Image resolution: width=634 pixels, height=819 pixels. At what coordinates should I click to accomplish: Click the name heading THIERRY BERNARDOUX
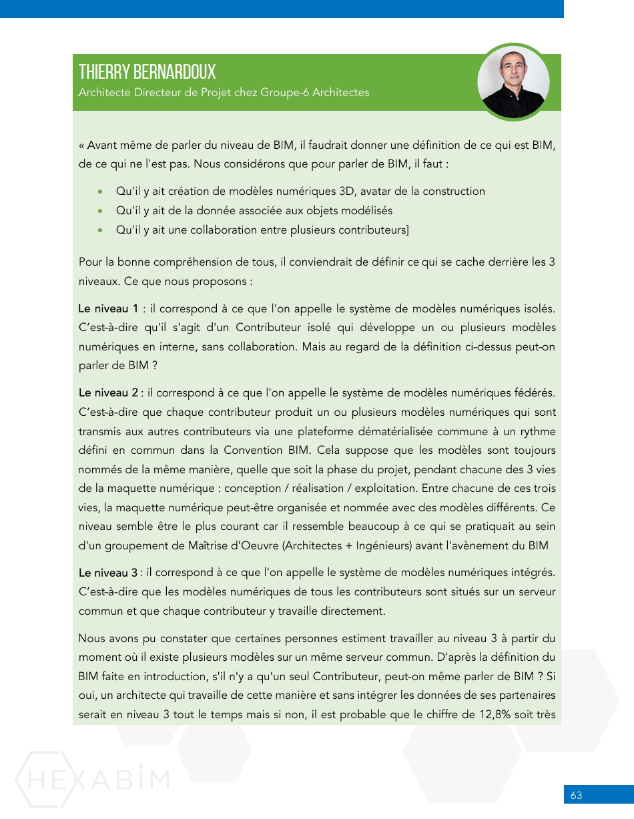tap(147, 72)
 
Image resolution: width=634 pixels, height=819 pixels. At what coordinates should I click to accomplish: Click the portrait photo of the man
tap(513, 83)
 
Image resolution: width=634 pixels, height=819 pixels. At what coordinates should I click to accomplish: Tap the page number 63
tap(577, 795)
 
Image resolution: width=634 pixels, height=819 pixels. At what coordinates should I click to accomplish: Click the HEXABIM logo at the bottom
tap(92, 779)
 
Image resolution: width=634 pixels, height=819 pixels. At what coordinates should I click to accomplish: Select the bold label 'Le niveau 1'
tap(108, 309)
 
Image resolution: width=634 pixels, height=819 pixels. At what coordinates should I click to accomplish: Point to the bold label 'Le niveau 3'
tap(108, 573)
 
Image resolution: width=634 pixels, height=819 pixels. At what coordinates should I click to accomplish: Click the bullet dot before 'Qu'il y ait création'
tap(100, 192)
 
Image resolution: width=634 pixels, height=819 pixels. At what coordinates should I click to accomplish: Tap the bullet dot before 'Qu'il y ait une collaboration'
tap(100, 230)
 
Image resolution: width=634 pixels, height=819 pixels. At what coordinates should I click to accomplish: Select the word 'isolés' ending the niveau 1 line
tap(540, 309)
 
